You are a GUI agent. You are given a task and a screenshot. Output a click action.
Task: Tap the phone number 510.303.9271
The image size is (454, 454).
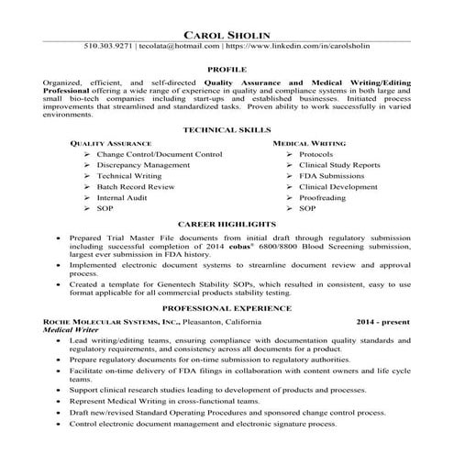[x=108, y=45]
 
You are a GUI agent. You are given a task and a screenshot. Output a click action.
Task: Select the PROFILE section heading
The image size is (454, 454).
[x=227, y=69]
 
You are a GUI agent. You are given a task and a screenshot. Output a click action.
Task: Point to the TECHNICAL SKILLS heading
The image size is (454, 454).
[x=227, y=131]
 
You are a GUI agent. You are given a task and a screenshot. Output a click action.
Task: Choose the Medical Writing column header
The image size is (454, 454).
[x=308, y=145]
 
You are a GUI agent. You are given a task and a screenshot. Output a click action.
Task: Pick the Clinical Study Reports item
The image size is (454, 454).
[x=338, y=165]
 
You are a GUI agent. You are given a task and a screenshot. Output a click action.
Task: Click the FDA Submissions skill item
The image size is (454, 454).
[x=330, y=176]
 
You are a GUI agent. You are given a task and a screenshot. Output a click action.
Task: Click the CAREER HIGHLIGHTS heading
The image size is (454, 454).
[x=227, y=224]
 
